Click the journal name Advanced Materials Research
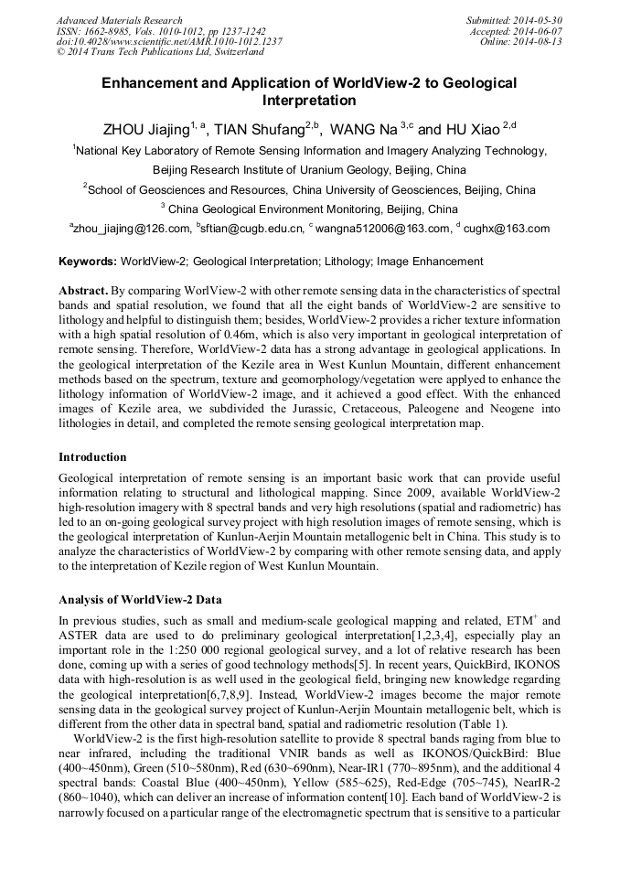point(119,20)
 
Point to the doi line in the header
point(169,42)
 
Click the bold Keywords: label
point(88,262)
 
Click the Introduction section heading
point(92,456)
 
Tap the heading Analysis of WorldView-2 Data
point(140,600)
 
